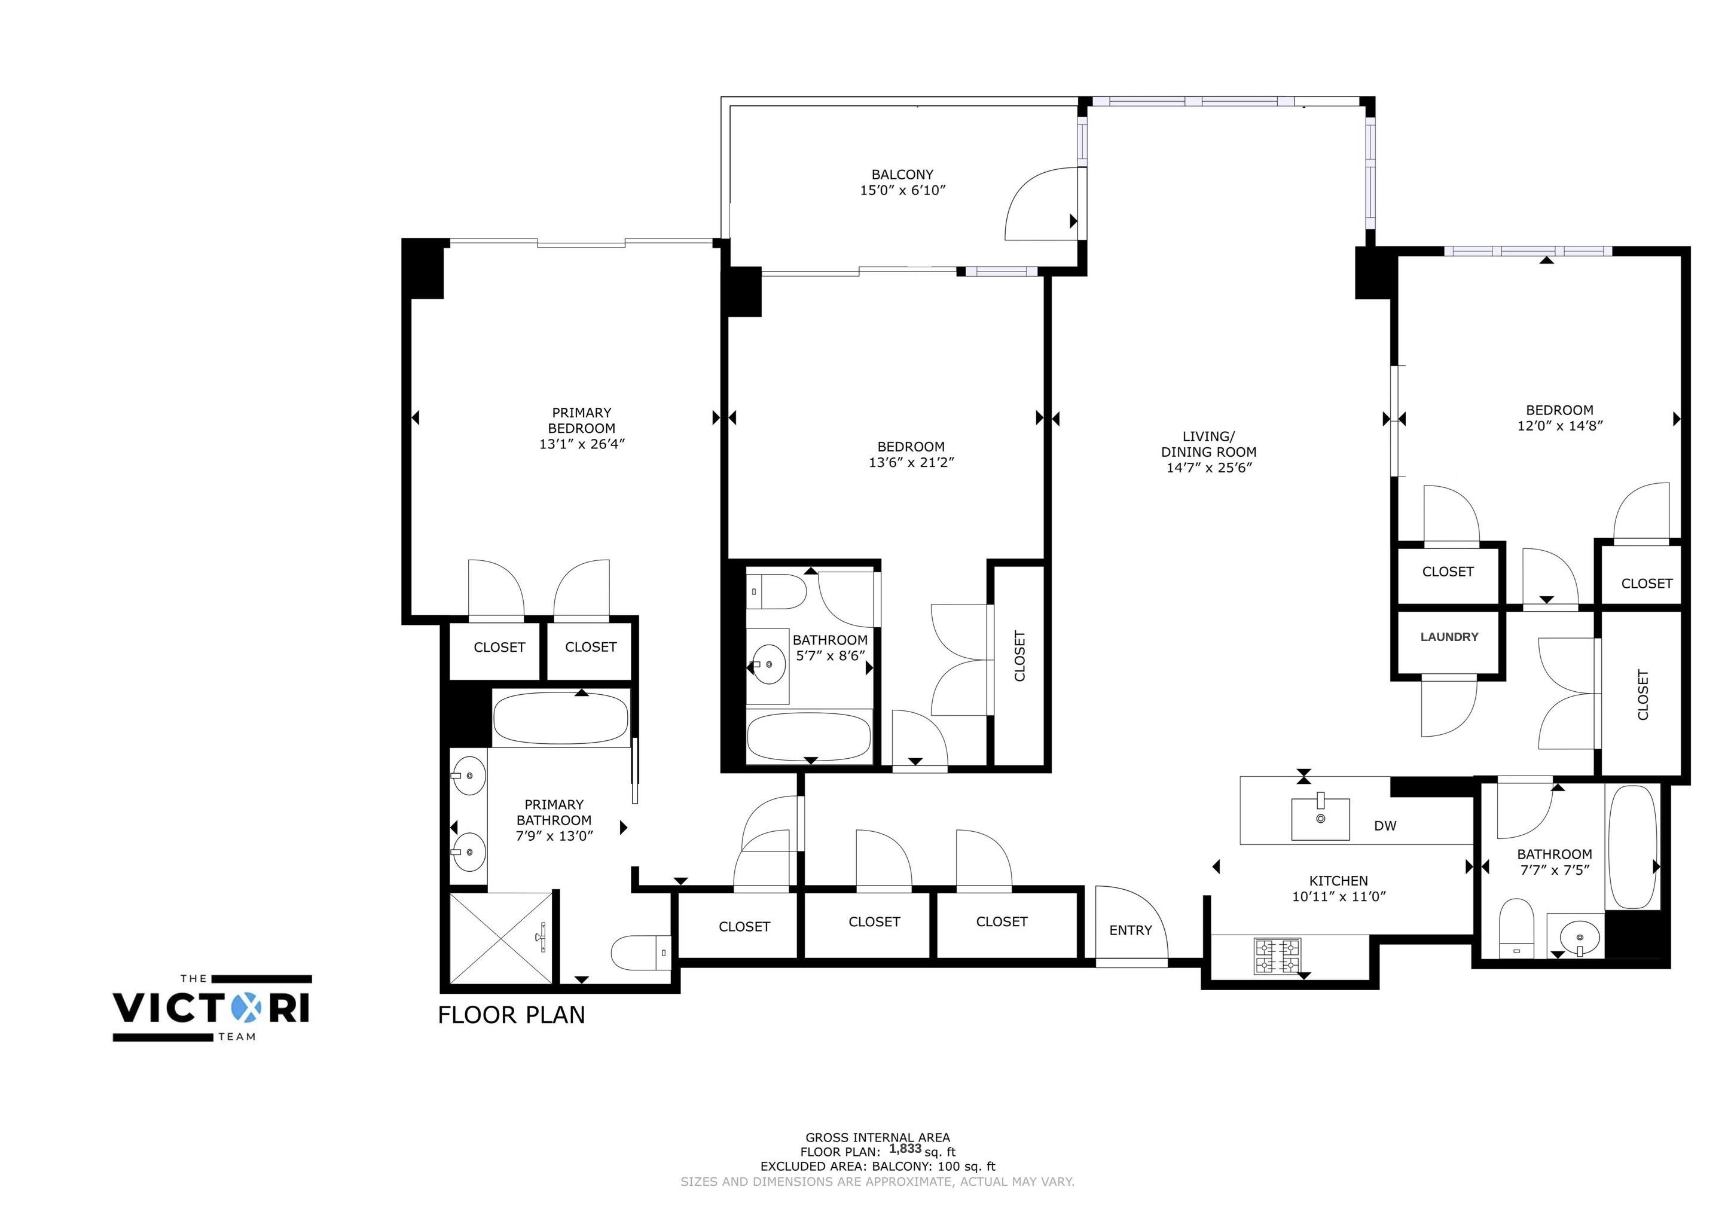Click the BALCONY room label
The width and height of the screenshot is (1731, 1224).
point(902,174)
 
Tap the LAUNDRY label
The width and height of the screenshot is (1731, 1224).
point(1449,636)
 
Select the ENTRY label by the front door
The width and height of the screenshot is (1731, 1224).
point(1130,930)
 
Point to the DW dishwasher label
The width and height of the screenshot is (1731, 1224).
point(1385,825)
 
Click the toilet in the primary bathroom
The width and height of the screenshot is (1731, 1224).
point(640,953)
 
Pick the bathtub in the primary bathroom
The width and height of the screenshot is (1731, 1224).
point(560,719)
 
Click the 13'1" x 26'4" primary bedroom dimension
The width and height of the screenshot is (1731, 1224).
point(582,444)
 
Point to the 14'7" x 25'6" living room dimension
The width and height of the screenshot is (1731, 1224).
point(1208,468)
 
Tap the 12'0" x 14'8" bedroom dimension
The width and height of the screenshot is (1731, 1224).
point(1560,425)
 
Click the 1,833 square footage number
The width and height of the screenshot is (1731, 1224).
point(905,1149)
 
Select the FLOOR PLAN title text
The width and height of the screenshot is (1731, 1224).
point(511,1015)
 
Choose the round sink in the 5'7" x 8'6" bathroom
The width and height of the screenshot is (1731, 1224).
point(769,664)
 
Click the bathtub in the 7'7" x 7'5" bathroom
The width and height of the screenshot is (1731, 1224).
point(1632,845)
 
